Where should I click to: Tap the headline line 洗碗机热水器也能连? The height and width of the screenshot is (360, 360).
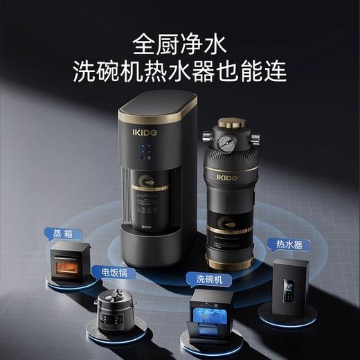[179, 71]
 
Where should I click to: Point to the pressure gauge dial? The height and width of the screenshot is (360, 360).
[225, 137]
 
